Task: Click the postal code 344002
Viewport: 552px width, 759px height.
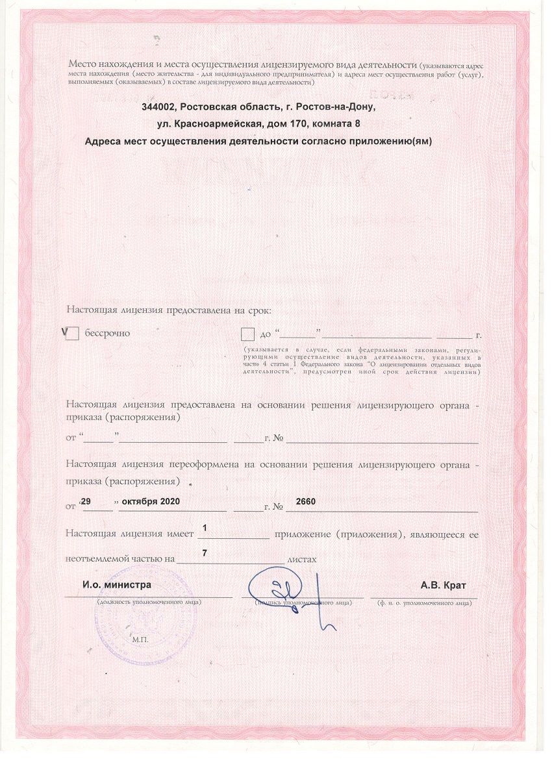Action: click(160, 106)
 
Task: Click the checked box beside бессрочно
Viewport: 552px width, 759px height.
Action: click(73, 334)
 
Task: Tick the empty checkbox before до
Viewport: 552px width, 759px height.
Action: click(247, 334)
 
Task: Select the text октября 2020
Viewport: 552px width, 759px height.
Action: click(146, 503)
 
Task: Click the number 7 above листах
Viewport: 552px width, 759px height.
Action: click(205, 553)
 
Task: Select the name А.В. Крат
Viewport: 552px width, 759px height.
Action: click(444, 584)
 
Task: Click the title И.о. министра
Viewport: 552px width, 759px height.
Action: click(117, 584)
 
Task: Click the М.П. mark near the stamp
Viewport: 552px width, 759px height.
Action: click(140, 640)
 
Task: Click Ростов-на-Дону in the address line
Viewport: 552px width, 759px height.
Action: click(335, 106)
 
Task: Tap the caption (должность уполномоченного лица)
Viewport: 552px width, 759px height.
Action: click(149, 603)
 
